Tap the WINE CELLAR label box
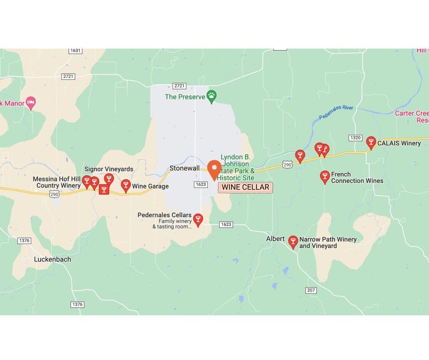[245, 187]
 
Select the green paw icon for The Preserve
[211, 96]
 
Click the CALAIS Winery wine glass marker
[370, 143]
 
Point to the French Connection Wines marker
[325, 177]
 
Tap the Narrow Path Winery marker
[293, 242]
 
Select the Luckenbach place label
[52, 259]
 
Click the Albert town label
[275, 239]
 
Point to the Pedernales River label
[336, 112]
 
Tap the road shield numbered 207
[311, 290]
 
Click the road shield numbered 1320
[355, 138]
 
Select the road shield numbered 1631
[76, 51]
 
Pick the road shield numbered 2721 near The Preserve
[179, 86]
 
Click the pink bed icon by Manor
[30, 103]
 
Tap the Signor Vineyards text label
[109, 169]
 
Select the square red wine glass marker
[104, 190]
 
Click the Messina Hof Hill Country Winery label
[57, 182]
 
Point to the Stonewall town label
[184, 169]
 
